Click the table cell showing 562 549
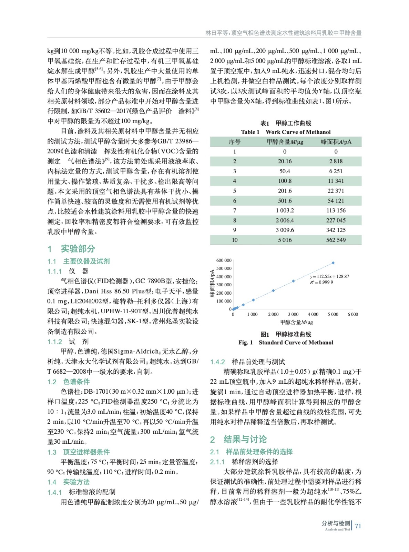coord(336,240)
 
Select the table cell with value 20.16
coord(285,161)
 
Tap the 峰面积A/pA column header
coord(336,142)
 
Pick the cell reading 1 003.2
coord(285,210)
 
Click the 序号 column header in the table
coord(234,142)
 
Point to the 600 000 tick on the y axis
coord(224,260)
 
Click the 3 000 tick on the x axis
coord(293,314)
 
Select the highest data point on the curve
coord(333,263)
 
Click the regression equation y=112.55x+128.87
coord(329,276)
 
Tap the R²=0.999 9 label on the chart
coord(321,282)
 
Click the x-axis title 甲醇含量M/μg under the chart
coord(296,322)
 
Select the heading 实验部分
coord(78,249)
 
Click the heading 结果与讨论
coord(245,439)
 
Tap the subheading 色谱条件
coord(76,382)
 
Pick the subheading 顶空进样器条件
coord(86,452)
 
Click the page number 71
coord(358,526)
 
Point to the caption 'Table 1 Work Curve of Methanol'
coord(286,132)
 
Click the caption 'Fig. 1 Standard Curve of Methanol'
coord(286,343)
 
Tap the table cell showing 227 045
coord(336,220)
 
